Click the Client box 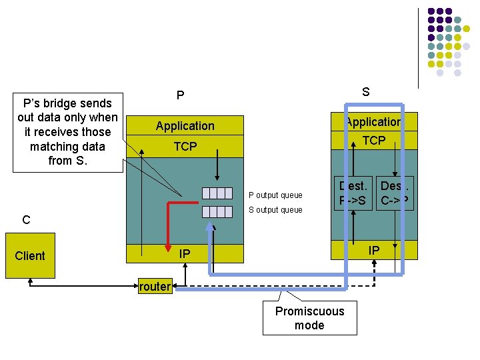coord(30,255)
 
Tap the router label coord(155,287)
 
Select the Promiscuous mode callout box coord(309,318)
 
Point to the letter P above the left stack coord(180,96)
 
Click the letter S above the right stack coord(365,93)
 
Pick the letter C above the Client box coord(26,219)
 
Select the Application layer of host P coord(185,125)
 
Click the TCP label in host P coord(185,146)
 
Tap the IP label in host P coord(185,253)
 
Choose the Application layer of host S coord(373,121)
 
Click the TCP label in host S coord(373,140)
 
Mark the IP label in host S coord(374,250)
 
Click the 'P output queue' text coord(275,195)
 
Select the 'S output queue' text coord(275,210)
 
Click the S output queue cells coord(219,211)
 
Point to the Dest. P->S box coord(353,193)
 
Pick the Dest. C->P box coord(394,193)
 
